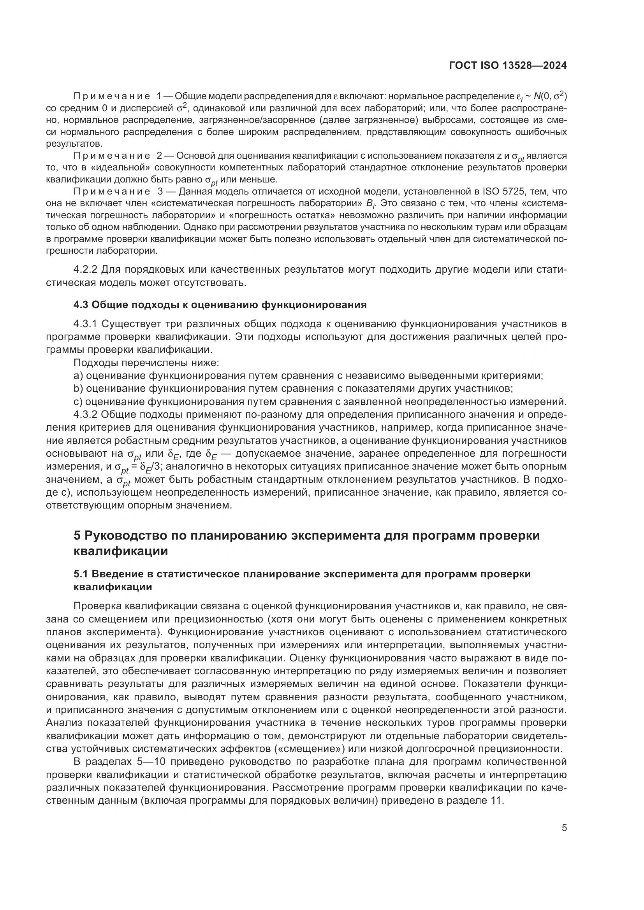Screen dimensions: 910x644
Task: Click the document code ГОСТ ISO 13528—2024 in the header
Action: pyautogui.click(x=508, y=66)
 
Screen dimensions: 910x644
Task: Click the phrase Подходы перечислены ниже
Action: pyautogui.click(x=146, y=363)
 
